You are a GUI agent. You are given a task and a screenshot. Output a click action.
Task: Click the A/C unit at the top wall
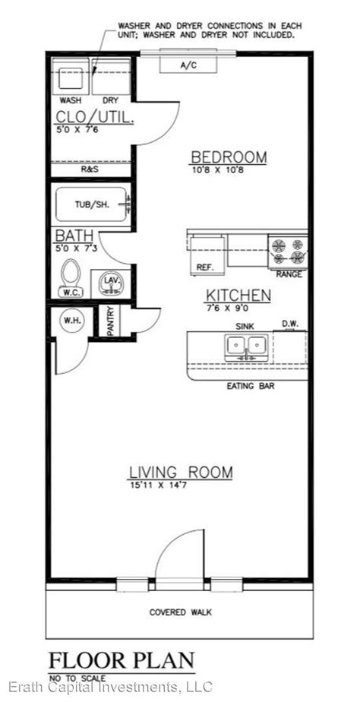(x=188, y=65)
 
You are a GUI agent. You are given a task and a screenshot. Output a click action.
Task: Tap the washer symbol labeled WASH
(x=71, y=76)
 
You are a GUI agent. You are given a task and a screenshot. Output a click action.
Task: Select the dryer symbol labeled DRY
(x=111, y=76)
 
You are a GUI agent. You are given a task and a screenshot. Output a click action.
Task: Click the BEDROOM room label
(x=229, y=157)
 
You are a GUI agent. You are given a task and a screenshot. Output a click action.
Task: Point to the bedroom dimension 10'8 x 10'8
(x=216, y=170)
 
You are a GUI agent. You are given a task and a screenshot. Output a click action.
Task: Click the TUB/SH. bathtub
(x=92, y=204)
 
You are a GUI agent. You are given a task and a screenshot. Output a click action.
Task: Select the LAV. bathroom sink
(x=111, y=284)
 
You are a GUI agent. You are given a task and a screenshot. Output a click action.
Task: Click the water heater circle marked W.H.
(x=71, y=321)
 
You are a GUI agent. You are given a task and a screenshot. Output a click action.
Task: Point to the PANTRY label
(x=111, y=320)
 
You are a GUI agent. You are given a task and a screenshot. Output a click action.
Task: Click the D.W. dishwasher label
(x=289, y=323)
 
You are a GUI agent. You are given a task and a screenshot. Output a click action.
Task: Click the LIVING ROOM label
(x=181, y=473)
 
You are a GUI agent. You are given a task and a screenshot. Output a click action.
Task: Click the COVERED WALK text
(x=181, y=612)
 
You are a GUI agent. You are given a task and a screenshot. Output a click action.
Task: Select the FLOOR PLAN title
(x=122, y=661)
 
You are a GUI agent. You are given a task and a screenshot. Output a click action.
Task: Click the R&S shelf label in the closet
(x=90, y=169)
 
